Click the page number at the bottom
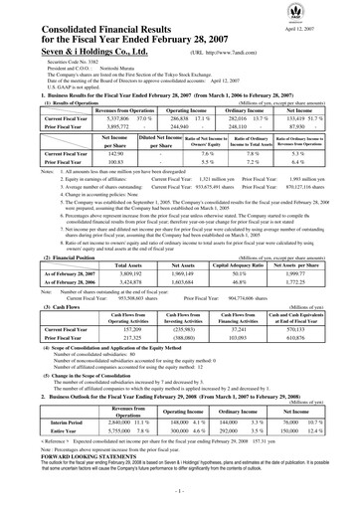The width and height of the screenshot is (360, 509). [x=179, y=493]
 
